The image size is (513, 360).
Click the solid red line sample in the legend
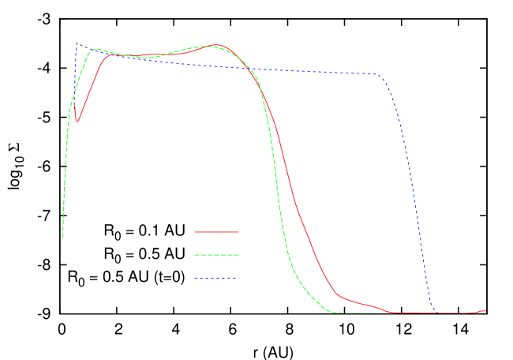coord(216,232)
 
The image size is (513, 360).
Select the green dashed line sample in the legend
coord(216,255)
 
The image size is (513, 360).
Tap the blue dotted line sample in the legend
coord(216,278)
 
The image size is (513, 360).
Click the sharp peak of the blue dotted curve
coord(77,43)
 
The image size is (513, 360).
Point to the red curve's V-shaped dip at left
coord(77,122)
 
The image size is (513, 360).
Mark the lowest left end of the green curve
coord(63,235)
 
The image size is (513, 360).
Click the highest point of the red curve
coord(216,45)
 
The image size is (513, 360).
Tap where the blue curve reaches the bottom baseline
coord(435,312)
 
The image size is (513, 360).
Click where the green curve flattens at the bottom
coord(338,313)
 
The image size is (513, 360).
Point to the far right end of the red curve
coord(485,310)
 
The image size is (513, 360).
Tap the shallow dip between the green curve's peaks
coord(146,58)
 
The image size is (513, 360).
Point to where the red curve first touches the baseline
coord(391,313)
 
